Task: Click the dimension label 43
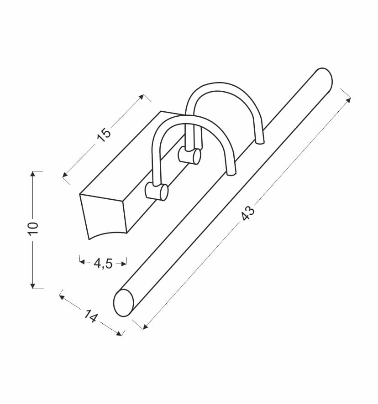coord(248,213)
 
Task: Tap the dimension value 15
coord(104,135)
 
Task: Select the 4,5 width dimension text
coord(103,263)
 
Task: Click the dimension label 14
coord(90,316)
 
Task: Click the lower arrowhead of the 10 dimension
coord(32,286)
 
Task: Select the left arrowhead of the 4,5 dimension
coord(83,262)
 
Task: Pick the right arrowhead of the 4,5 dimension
coord(123,264)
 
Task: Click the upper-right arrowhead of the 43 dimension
coord(348,100)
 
